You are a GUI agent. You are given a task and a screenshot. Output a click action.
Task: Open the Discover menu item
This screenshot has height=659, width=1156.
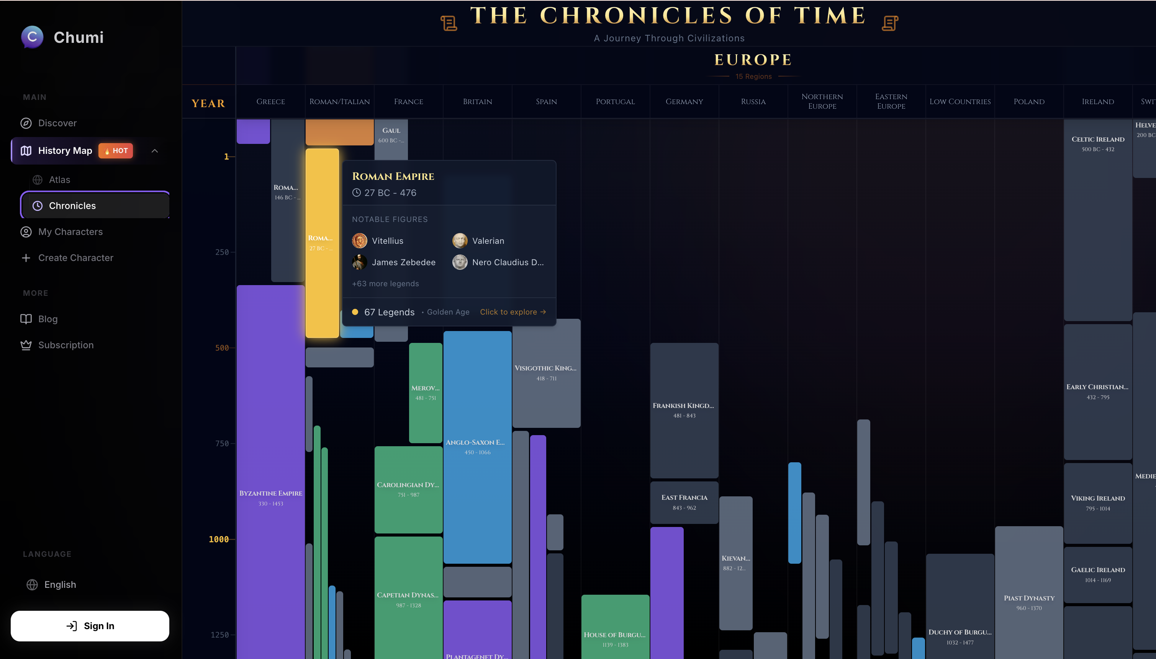click(x=57, y=123)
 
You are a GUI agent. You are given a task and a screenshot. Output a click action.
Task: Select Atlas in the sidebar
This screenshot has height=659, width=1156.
click(x=59, y=180)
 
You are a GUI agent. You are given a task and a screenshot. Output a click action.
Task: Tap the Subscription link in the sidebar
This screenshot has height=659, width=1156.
click(x=65, y=345)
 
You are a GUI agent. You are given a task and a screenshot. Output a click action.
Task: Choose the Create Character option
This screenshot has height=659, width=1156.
click(x=75, y=258)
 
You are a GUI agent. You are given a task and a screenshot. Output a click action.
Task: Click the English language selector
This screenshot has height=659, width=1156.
click(x=60, y=584)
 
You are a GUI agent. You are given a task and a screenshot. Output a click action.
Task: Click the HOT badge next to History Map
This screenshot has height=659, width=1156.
click(x=116, y=151)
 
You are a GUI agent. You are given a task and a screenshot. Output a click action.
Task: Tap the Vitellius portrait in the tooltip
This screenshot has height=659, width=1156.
click(x=360, y=241)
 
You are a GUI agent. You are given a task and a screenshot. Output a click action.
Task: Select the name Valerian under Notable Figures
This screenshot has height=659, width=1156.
click(x=488, y=241)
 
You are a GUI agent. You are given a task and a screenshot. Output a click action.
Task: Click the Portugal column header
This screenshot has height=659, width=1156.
click(x=615, y=101)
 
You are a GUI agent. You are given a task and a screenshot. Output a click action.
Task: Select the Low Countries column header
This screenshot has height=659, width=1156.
click(x=960, y=101)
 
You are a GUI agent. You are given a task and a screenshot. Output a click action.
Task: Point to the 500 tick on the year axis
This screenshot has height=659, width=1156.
click(x=222, y=347)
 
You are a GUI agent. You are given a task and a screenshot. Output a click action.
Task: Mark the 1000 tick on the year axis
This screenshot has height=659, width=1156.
click(x=219, y=539)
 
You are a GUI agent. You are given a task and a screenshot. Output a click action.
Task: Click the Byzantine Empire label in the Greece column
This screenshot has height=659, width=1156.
click(x=270, y=493)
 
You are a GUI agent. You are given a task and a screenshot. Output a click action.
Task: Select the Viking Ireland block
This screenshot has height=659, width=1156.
click(x=1097, y=502)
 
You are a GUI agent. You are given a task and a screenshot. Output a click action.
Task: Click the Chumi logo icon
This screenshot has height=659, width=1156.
click(x=32, y=37)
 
